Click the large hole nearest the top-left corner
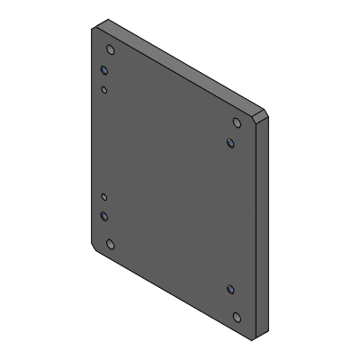(x=110, y=50)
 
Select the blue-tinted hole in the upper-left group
(x=104, y=70)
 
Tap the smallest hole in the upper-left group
(x=104, y=90)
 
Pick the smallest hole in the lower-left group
(x=104, y=196)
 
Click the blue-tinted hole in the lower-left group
(x=104, y=216)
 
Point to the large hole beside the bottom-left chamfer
(x=110, y=244)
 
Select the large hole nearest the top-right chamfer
(x=237, y=123)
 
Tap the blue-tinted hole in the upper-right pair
(x=230, y=142)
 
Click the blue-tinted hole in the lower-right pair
(x=230, y=289)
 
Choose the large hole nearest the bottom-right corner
(x=237, y=317)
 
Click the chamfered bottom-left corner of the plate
(x=95, y=247)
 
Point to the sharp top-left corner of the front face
(x=93, y=29)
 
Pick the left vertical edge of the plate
(x=92, y=135)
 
